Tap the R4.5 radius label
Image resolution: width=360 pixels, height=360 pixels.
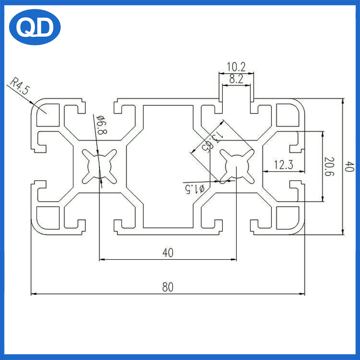point(20,85)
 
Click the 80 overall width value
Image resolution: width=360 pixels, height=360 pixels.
point(167,287)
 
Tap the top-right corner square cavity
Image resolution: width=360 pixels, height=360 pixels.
point(287,114)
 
